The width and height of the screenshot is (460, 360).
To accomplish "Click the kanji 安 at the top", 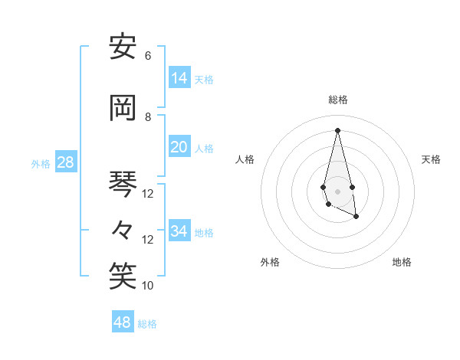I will (x=123, y=47).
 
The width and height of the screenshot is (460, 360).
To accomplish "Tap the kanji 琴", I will (x=123, y=184).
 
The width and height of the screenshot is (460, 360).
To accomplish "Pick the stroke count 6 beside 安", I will (x=148, y=56).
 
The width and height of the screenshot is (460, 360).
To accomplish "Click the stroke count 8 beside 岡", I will (x=148, y=116).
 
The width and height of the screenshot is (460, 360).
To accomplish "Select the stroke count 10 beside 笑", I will (x=148, y=285).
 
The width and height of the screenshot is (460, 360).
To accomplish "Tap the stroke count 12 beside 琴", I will (x=148, y=194).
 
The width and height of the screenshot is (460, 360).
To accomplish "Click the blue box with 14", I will (x=179, y=78).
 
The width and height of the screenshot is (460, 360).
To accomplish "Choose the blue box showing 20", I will (x=179, y=147).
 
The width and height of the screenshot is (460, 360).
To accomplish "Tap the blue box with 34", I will (x=179, y=231).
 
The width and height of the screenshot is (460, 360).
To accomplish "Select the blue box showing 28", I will (x=65, y=162).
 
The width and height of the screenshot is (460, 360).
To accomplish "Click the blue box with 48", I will (x=123, y=322).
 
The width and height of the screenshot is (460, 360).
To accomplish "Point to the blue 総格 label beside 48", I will (x=147, y=324).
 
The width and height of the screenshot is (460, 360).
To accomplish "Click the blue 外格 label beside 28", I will (x=41, y=164).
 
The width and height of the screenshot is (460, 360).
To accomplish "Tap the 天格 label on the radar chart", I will (x=431, y=159).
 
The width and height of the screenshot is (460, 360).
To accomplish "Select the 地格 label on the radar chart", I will (x=402, y=262).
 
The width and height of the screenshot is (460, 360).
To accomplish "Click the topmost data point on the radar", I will (x=337, y=129).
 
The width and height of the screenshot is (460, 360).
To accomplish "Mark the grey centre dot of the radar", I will (x=337, y=191).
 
